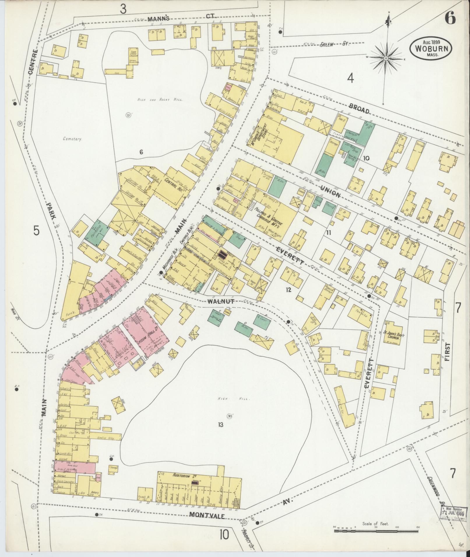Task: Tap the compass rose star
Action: tap(386, 59)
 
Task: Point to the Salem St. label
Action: tap(334, 44)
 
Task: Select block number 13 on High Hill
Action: tap(220, 425)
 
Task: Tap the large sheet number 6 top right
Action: tap(450, 19)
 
